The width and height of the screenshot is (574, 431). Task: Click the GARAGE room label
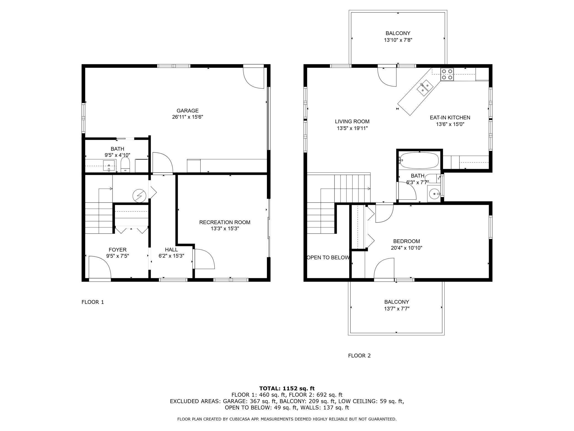(x=187, y=111)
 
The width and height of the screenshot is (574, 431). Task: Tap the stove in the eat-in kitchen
(x=447, y=74)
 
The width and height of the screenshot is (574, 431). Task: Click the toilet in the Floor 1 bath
(x=125, y=165)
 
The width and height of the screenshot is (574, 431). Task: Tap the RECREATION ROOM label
(x=225, y=222)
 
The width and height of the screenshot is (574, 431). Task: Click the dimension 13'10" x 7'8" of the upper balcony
(x=398, y=40)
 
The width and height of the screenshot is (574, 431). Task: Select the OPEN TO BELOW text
(x=328, y=257)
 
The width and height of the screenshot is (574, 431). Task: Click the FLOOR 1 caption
(x=92, y=302)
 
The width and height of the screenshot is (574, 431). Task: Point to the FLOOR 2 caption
(x=359, y=356)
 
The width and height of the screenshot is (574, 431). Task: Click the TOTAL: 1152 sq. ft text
(x=287, y=388)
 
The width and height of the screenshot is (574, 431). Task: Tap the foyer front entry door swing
(x=99, y=267)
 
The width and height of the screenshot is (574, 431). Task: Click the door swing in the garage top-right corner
(x=254, y=77)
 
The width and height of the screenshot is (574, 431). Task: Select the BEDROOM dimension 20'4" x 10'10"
(x=406, y=248)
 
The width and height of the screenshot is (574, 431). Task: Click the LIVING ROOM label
(x=352, y=121)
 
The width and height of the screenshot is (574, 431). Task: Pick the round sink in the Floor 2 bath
(x=434, y=194)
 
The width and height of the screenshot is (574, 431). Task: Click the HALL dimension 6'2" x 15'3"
(x=171, y=256)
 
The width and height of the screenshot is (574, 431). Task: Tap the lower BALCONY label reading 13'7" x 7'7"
(x=397, y=305)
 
